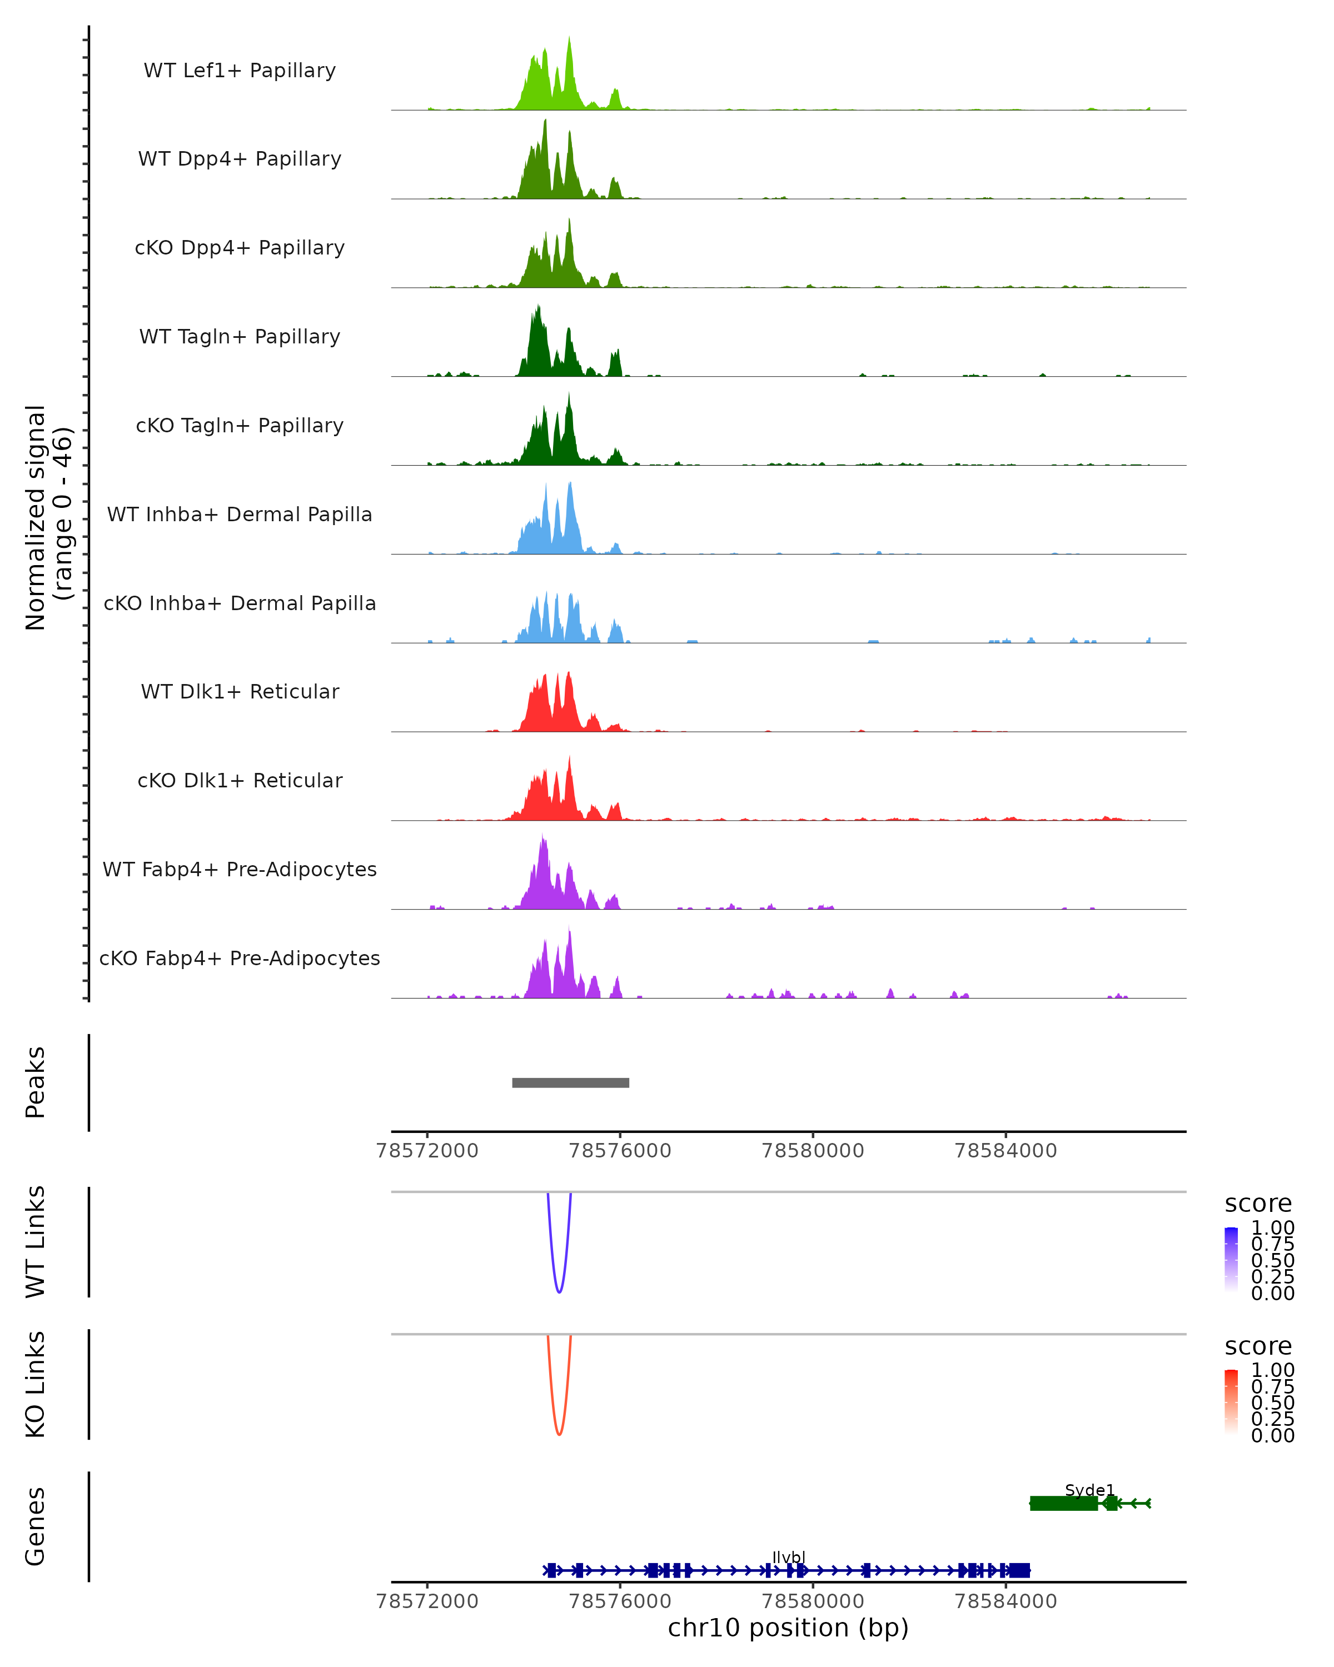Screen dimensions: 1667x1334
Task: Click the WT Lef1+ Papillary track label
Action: [x=240, y=71]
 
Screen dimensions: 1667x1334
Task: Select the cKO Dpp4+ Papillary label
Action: [x=240, y=247]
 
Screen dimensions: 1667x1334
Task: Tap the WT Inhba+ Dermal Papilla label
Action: [x=240, y=514]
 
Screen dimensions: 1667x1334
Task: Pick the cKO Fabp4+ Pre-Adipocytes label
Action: [x=240, y=958]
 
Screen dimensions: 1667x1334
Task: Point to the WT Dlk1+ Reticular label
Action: [x=240, y=691]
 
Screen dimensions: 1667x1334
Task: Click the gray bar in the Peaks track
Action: [x=571, y=1082]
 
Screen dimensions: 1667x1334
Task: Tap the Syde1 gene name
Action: [x=1089, y=1490]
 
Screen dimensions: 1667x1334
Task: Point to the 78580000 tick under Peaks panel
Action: [x=813, y=1151]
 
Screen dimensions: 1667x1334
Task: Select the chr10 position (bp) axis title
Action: [x=788, y=1628]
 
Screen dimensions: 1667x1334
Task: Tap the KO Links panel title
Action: [x=36, y=1384]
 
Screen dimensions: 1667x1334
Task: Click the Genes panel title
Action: [x=36, y=1526]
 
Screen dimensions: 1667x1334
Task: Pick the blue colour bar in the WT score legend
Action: [x=1231, y=1259]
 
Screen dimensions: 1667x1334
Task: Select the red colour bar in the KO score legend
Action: [x=1231, y=1401]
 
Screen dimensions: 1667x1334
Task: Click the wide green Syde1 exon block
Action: [x=1063, y=1503]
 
